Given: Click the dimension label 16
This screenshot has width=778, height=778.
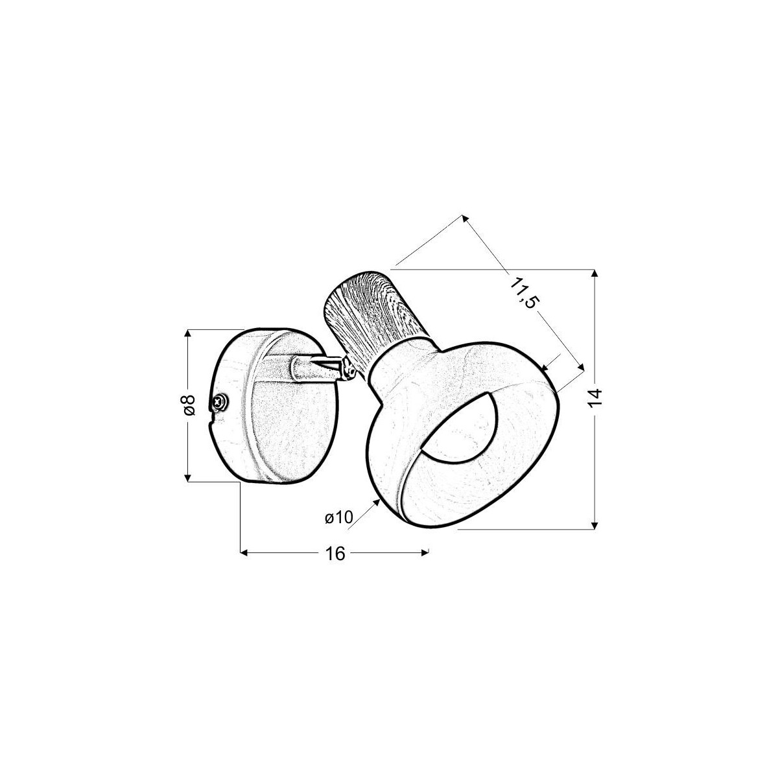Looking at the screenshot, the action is (x=335, y=554).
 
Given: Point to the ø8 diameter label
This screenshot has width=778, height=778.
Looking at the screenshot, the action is (x=189, y=405).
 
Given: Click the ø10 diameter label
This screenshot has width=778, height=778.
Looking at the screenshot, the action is (x=338, y=517).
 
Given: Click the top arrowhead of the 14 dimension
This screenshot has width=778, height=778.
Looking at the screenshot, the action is (x=594, y=273).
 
